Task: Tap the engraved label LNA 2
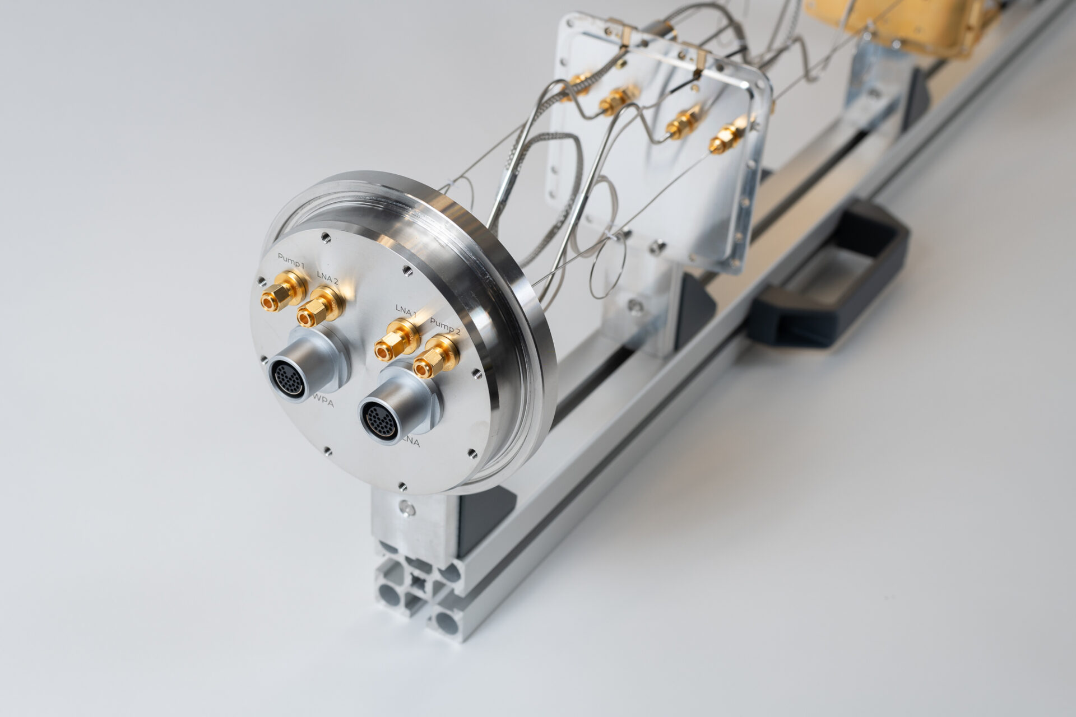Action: tap(327, 276)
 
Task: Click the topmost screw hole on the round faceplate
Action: tap(323, 237)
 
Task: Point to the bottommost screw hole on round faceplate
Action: tap(401, 485)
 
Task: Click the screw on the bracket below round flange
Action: tap(405, 510)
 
